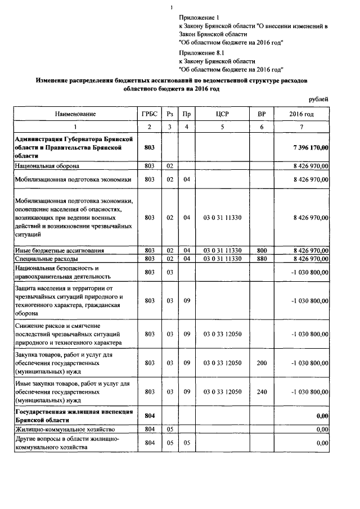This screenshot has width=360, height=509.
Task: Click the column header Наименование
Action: (x=75, y=114)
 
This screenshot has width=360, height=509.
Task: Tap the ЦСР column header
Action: (x=222, y=114)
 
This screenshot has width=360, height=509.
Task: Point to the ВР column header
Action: (x=262, y=114)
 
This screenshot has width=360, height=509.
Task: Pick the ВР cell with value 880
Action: (x=262, y=259)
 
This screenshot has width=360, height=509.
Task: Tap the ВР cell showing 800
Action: (x=262, y=250)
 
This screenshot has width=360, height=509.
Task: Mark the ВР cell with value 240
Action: (x=262, y=391)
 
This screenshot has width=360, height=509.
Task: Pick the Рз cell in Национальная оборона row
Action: (x=169, y=166)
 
